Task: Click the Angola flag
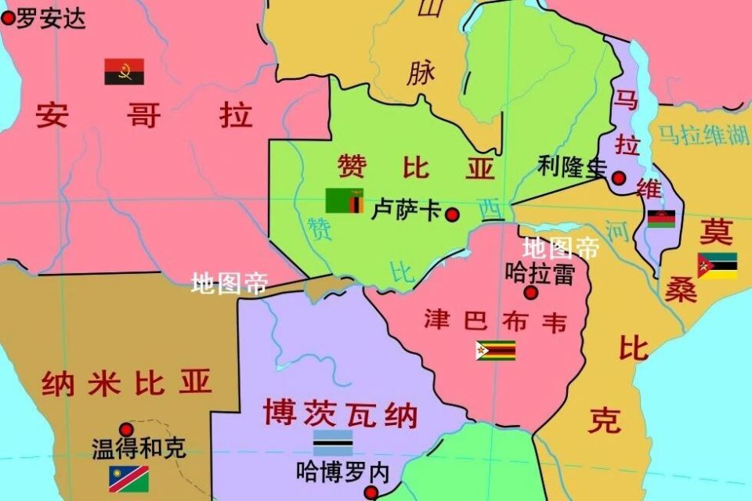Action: point(124,72)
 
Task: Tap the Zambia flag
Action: point(344,200)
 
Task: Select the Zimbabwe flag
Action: point(495,350)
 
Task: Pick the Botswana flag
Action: point(333,443)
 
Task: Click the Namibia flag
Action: point(128,478)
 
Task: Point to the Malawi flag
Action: point(660,218)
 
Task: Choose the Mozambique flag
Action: point(717,265)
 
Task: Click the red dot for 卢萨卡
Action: point(452,214)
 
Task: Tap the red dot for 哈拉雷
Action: point(531,293)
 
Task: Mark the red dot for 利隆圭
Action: point(619,178)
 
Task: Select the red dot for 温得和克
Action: point(126,429)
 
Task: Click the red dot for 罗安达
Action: point(8,18)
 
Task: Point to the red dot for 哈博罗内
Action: point(372,492)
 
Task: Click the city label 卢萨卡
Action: point(406,210)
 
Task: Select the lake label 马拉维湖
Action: point(703,135)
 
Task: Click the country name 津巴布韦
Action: point(495,321)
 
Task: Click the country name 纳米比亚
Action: point(127,383)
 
